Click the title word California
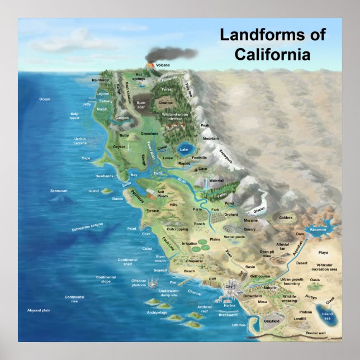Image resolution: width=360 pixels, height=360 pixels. (x=272, y=54)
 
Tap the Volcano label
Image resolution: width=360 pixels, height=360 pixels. (x=163, y=65)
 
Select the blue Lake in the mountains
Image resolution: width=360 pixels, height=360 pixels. (x=185, y=149)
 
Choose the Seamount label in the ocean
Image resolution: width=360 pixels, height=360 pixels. (x=59, y=191)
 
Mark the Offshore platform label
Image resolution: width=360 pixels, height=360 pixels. (x=142, y=282)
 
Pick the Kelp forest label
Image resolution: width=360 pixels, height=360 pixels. (x=74, y=116)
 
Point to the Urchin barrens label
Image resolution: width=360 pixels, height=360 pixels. (x=80, y=141)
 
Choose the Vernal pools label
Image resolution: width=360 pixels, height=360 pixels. (x=234, y=237)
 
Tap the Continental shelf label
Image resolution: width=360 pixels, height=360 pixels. (x=127, y=262)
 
